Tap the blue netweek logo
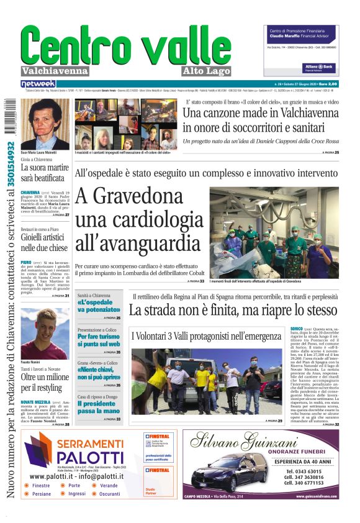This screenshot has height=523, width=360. click(x=38, y=83)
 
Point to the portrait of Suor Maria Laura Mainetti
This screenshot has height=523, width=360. click(x=40, y=124)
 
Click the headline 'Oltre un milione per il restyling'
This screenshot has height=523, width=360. click(x=45, y=382)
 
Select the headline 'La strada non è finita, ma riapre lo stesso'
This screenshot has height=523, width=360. click(x=233, y=309)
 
